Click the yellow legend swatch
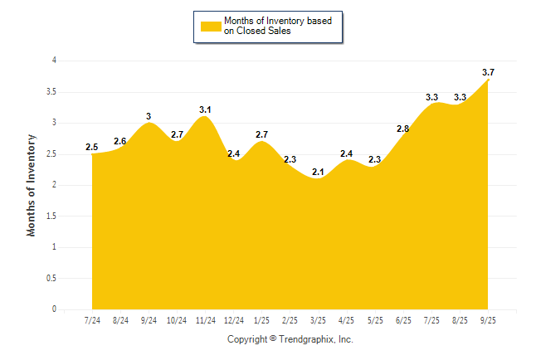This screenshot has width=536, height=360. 211,26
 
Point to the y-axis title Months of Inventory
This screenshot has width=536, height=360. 32,185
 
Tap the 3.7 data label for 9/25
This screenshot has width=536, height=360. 488,72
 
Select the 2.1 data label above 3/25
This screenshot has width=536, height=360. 318,172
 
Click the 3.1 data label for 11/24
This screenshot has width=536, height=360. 205,109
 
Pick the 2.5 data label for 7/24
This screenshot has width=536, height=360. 92,147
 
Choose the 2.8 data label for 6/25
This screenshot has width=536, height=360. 403,129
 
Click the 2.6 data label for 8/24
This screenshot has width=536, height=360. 120,141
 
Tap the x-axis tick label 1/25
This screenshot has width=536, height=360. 261,320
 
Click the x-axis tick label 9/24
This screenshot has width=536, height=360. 149,320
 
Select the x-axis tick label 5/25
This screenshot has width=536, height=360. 375,320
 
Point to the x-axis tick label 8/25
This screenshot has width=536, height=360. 460,320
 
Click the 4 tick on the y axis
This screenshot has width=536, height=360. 54,61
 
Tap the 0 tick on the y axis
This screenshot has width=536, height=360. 54,309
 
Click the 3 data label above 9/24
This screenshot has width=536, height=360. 149,116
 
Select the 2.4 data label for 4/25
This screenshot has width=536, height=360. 347,153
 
